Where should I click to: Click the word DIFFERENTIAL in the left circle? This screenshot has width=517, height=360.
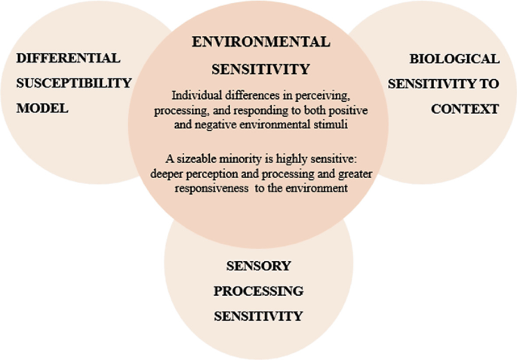tap(68, 58)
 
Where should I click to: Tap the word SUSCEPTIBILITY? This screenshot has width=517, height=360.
tap(74, 83)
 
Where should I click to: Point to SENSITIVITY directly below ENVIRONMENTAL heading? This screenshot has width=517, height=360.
tap(260, 69)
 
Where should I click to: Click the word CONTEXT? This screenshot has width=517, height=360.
tap(465, 108)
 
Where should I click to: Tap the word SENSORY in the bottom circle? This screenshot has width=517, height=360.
tap(258, 266)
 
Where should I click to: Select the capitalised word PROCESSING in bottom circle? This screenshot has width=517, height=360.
tap(258, 291)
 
